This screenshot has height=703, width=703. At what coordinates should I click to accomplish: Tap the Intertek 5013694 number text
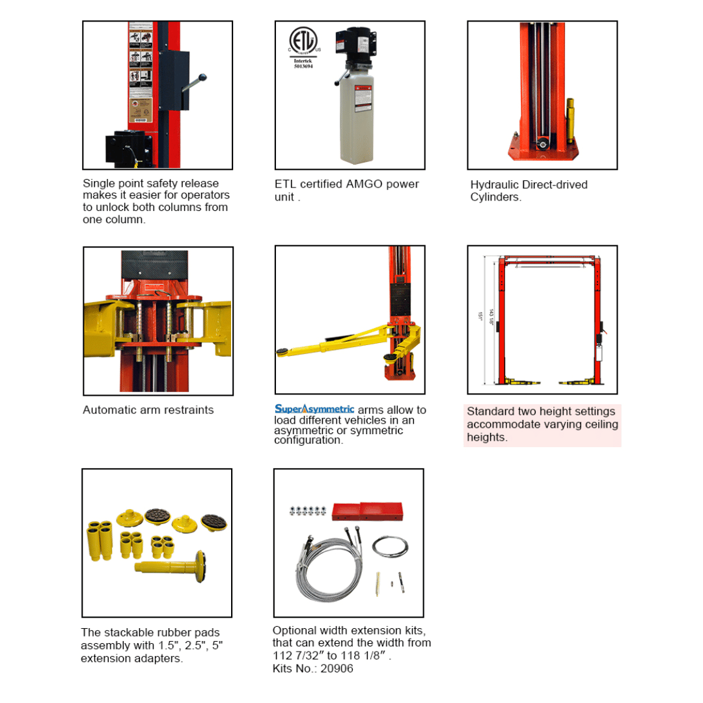click(x=303, y=64)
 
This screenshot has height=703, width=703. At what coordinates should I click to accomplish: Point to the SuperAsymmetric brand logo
click(x=314, y=409)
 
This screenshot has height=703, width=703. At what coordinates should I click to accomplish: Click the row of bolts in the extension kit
click(x=307, y=511)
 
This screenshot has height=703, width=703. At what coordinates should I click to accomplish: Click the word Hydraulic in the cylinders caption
click(x=494, y=185)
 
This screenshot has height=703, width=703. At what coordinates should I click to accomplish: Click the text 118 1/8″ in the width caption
click(x=366, y=656)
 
